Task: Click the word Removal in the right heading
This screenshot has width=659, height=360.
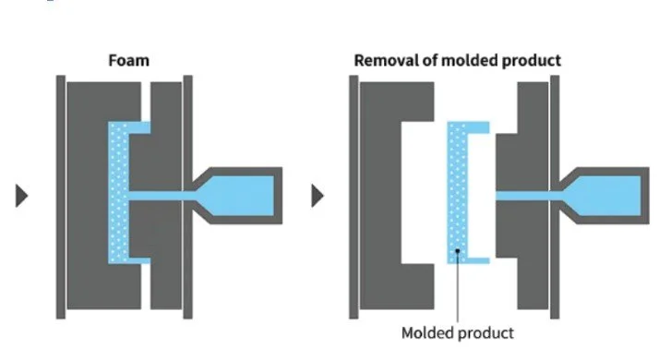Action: tap(386, 61)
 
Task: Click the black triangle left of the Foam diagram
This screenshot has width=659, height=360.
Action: tap(21, 196)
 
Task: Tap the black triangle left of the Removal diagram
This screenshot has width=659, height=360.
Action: tap(318, 196)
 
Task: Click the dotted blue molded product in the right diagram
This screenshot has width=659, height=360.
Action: tap(455, 194)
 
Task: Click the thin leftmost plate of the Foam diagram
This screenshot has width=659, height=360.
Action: tap(60, 196)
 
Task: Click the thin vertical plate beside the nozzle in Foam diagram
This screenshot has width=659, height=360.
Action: tap(187, 138)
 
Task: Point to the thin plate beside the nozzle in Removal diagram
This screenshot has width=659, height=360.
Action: tap(556, 138)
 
